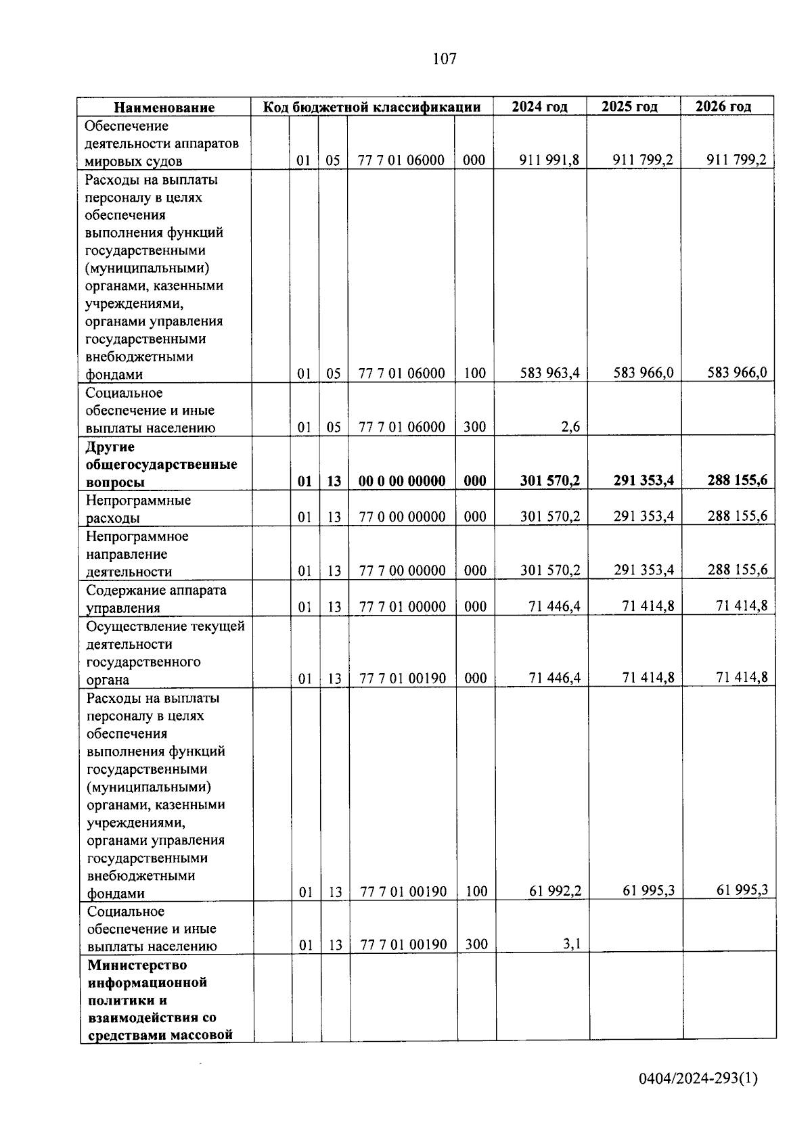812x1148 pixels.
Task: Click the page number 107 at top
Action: tap(445, 59)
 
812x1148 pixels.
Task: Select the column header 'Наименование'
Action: tap(164, 108)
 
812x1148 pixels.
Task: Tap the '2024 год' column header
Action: tap(539, 107)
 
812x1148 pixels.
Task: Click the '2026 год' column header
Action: tap(723, 107)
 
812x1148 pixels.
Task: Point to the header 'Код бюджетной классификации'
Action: tap(371, 107)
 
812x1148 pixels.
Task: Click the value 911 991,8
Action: tap(549, 160)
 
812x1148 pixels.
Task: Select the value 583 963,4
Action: tap(549, 373)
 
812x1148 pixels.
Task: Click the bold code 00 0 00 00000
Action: tap(402, 481)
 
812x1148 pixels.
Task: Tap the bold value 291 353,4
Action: tap(644, 480)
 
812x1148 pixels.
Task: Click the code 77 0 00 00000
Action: tap(402, 517)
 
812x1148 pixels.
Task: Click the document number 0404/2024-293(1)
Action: tap(698, 1078)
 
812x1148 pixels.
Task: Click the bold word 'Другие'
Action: tap(110, 447)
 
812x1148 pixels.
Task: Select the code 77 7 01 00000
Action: tap(403, 607)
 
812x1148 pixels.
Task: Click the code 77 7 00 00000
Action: tap(403, 571)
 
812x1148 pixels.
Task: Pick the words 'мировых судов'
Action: tap(133, 162)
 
